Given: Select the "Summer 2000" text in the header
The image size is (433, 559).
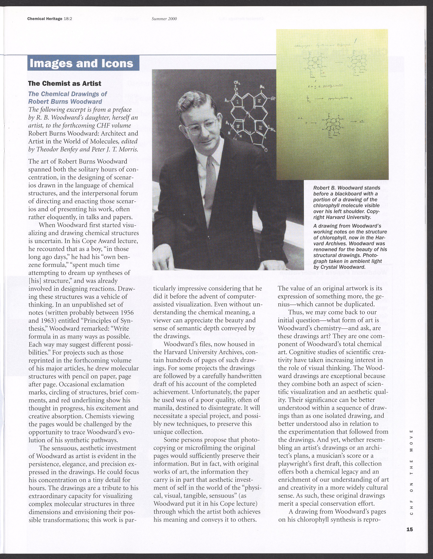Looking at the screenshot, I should pos(164,19).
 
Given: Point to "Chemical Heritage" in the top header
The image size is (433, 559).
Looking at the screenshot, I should pos(45,19).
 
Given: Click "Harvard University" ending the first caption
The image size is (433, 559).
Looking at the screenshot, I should pos(346,217).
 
